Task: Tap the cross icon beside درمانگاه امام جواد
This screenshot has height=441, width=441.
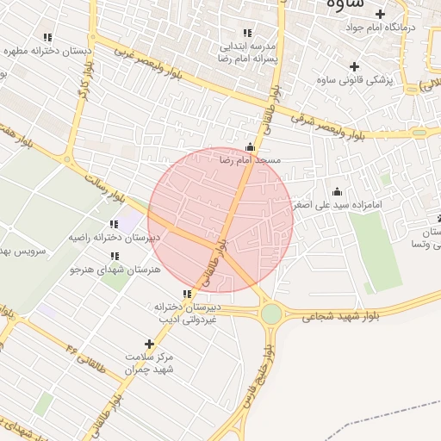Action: coord(380,14)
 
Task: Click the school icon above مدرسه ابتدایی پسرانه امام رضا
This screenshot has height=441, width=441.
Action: coord(247,34)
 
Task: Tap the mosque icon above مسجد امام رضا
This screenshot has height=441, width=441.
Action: coord(250,146)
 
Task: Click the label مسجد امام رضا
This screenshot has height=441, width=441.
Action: coord(250,160)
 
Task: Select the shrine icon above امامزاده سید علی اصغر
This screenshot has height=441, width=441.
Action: coord(337,191)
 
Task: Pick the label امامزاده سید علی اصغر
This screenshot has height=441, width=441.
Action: coord(336,206)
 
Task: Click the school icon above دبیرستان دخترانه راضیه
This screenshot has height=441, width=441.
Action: coord(114,224)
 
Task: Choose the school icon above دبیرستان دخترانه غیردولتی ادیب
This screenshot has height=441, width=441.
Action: coord(187,294)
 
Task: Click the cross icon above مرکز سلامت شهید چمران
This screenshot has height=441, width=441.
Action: coord(150,343)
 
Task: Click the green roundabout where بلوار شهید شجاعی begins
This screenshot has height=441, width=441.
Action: coord(271,314)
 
